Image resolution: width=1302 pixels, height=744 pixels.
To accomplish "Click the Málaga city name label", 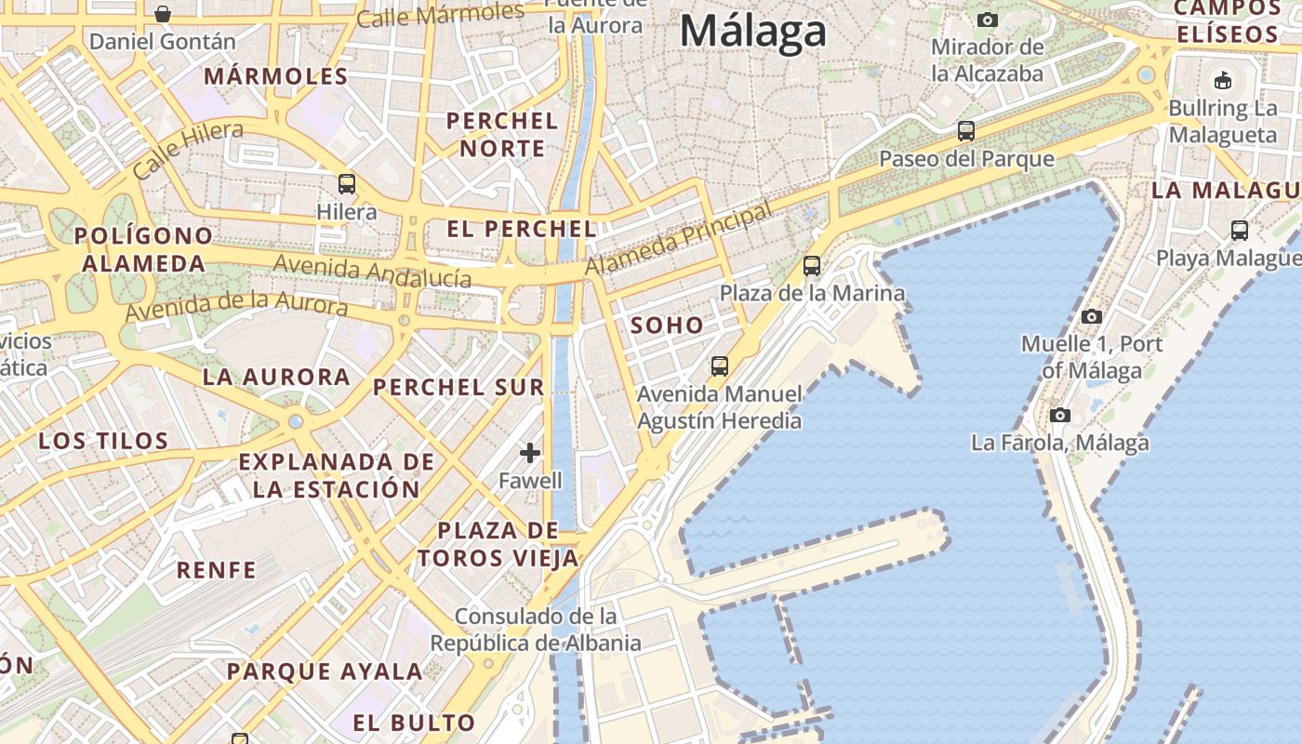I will click(752, 30).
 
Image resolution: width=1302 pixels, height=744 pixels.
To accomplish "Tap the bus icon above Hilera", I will click(347, 184).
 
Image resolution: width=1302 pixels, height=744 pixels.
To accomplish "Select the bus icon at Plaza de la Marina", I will click(812, 266).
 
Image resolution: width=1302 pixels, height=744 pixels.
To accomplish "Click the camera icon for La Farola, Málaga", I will click(1059, 415).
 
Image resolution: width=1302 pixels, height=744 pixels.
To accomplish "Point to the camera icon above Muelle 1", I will click(1092, 316).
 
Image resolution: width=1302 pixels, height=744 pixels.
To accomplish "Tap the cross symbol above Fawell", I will click(530, 453).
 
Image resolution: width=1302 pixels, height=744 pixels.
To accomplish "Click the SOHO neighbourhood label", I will click(667, 325).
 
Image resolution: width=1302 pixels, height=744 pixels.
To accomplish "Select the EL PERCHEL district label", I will click(521, 229).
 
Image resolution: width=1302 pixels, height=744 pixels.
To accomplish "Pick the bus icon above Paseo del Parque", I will click(966, 131).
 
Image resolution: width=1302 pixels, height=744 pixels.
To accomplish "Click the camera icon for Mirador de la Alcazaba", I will click(988, 20).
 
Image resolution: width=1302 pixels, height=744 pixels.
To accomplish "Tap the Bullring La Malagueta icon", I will click(1223, 80).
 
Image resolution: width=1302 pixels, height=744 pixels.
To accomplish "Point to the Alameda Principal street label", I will click(679, 240).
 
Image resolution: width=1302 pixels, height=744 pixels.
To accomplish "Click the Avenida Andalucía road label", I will click(372, 272).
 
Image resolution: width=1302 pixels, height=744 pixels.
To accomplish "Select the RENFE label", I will click(216, 570).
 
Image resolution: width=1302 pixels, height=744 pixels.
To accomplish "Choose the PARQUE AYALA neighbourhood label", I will click(325, 671).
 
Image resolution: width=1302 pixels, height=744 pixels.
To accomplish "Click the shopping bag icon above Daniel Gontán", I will click(163, 14).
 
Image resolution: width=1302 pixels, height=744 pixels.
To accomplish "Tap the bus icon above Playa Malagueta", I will click(1239, 230).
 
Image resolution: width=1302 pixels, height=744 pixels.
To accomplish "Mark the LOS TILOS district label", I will click(103, 441).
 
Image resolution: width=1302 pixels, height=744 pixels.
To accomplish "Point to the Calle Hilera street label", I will click(188, 149).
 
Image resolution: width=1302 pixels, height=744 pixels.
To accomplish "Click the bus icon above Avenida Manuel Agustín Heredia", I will click(719, 366).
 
